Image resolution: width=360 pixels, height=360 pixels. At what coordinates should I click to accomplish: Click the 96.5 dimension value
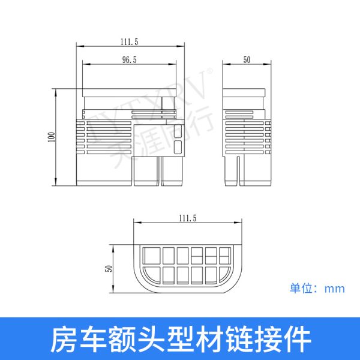pyautogui.click(x=129, y=59)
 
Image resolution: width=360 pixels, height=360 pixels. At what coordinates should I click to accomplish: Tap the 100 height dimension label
pyautogui.click(x=52, y=137)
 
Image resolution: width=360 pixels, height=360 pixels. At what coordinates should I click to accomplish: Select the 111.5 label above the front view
pyautogui.click(x=129, y=42)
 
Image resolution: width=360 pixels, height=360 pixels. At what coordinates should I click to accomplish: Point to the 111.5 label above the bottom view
pyautogui.click(x=188, y=218)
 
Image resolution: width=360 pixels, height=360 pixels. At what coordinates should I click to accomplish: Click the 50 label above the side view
pyautogui.click(x=247, y=59)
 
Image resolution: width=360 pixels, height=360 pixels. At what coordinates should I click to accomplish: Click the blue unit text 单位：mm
pyautogui.click(x=317, y=289)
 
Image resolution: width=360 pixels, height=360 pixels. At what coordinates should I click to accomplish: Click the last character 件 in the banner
pyautogui.click(x=298, y=340)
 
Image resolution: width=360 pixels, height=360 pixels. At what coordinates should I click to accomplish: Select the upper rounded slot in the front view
pyautogui.click(x=178, y=131)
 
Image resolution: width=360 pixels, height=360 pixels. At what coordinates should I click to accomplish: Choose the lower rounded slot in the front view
pyautogui.click(x=178, y=147)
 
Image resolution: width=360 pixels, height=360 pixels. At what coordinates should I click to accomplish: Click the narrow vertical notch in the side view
pyautogui.click(x=239, y=171)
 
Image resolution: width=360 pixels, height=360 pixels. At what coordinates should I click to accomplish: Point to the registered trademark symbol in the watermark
pyautogui.click(x=210, y=71)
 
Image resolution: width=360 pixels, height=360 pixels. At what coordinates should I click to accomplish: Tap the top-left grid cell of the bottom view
pyautogui.click(x=152, y=256)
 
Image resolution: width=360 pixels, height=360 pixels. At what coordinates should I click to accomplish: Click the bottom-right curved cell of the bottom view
pyautogui.click(x=225, y=274)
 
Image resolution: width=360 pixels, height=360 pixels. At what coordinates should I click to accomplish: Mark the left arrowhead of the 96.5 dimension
pyautogui.click(x=86, y=64)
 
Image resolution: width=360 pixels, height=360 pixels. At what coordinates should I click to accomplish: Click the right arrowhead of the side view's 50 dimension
pyautogui.click(x=268, y=64)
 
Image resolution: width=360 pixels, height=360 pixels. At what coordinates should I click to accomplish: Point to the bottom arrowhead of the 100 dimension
pyautogui.click(x=56, y=182)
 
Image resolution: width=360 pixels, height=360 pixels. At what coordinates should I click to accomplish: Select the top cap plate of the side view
pyautogui.click(x=244, y=92)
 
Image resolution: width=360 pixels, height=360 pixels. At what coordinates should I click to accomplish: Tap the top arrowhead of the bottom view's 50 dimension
pyautogui.click(x=113, y=248)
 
